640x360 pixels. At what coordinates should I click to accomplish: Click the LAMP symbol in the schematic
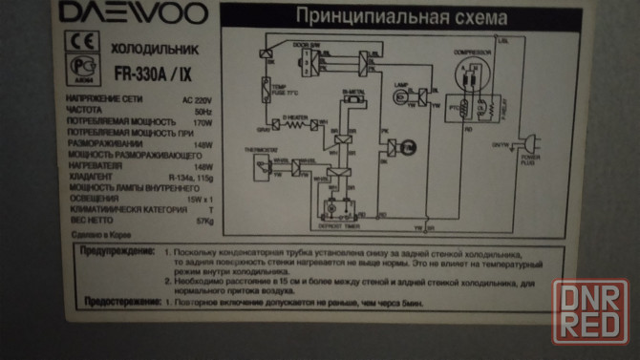click(x=402, y=95)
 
